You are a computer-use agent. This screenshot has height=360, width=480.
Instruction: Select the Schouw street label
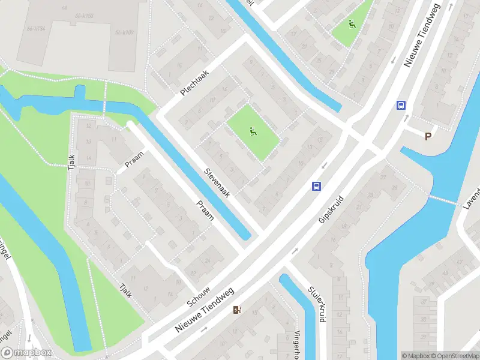point(199,295)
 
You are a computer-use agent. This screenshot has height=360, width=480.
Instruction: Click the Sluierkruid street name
point(316,304)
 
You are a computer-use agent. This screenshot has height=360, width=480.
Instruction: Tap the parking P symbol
point(428,136)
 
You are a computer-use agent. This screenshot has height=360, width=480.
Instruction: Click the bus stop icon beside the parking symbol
point(401,105)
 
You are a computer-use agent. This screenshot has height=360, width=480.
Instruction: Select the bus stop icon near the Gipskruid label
point(316,186)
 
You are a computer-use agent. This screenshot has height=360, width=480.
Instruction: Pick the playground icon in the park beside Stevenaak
point(253,131)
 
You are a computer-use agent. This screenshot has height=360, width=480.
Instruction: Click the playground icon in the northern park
point(352,25)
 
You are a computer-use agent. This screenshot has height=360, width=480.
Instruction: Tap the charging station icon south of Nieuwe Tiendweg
point(237,310)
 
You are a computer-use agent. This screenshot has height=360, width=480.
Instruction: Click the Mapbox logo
point(26,353)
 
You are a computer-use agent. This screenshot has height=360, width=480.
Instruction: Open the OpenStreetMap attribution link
point(454,355)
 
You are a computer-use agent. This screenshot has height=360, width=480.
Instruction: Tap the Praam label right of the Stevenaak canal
point(205,210)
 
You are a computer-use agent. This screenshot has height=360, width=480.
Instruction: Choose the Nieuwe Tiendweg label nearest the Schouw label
point(204,310)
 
